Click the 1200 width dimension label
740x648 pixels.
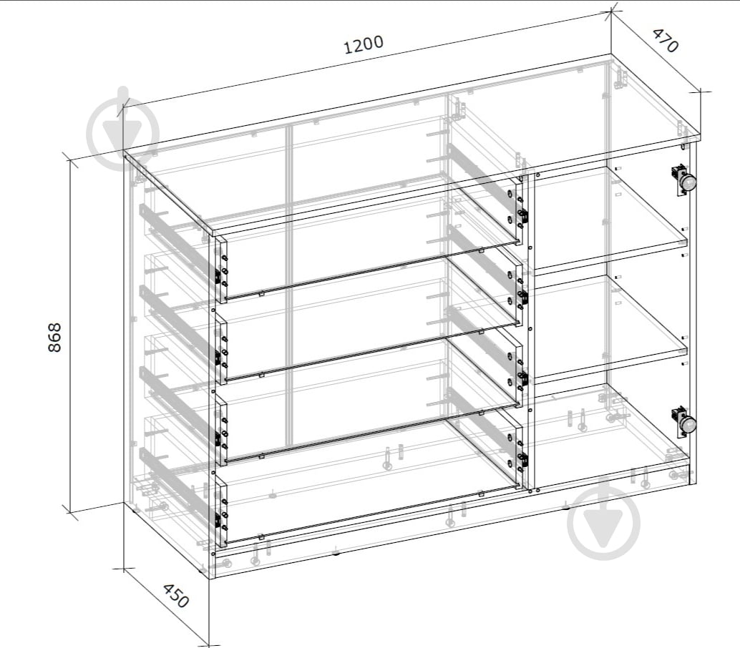pos(364,45)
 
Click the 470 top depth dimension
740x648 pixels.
pos(666,40)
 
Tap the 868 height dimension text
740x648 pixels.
pos(54,337)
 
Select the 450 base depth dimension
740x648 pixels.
pos(175,596)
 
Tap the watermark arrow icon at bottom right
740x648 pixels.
pos(604,521)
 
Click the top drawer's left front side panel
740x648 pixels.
pos(222,268)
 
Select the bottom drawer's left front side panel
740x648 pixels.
pos(222,511)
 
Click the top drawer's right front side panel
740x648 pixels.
pos(520,210)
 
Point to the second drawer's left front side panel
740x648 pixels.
pos(222,349)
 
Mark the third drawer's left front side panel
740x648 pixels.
pos(222,430)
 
